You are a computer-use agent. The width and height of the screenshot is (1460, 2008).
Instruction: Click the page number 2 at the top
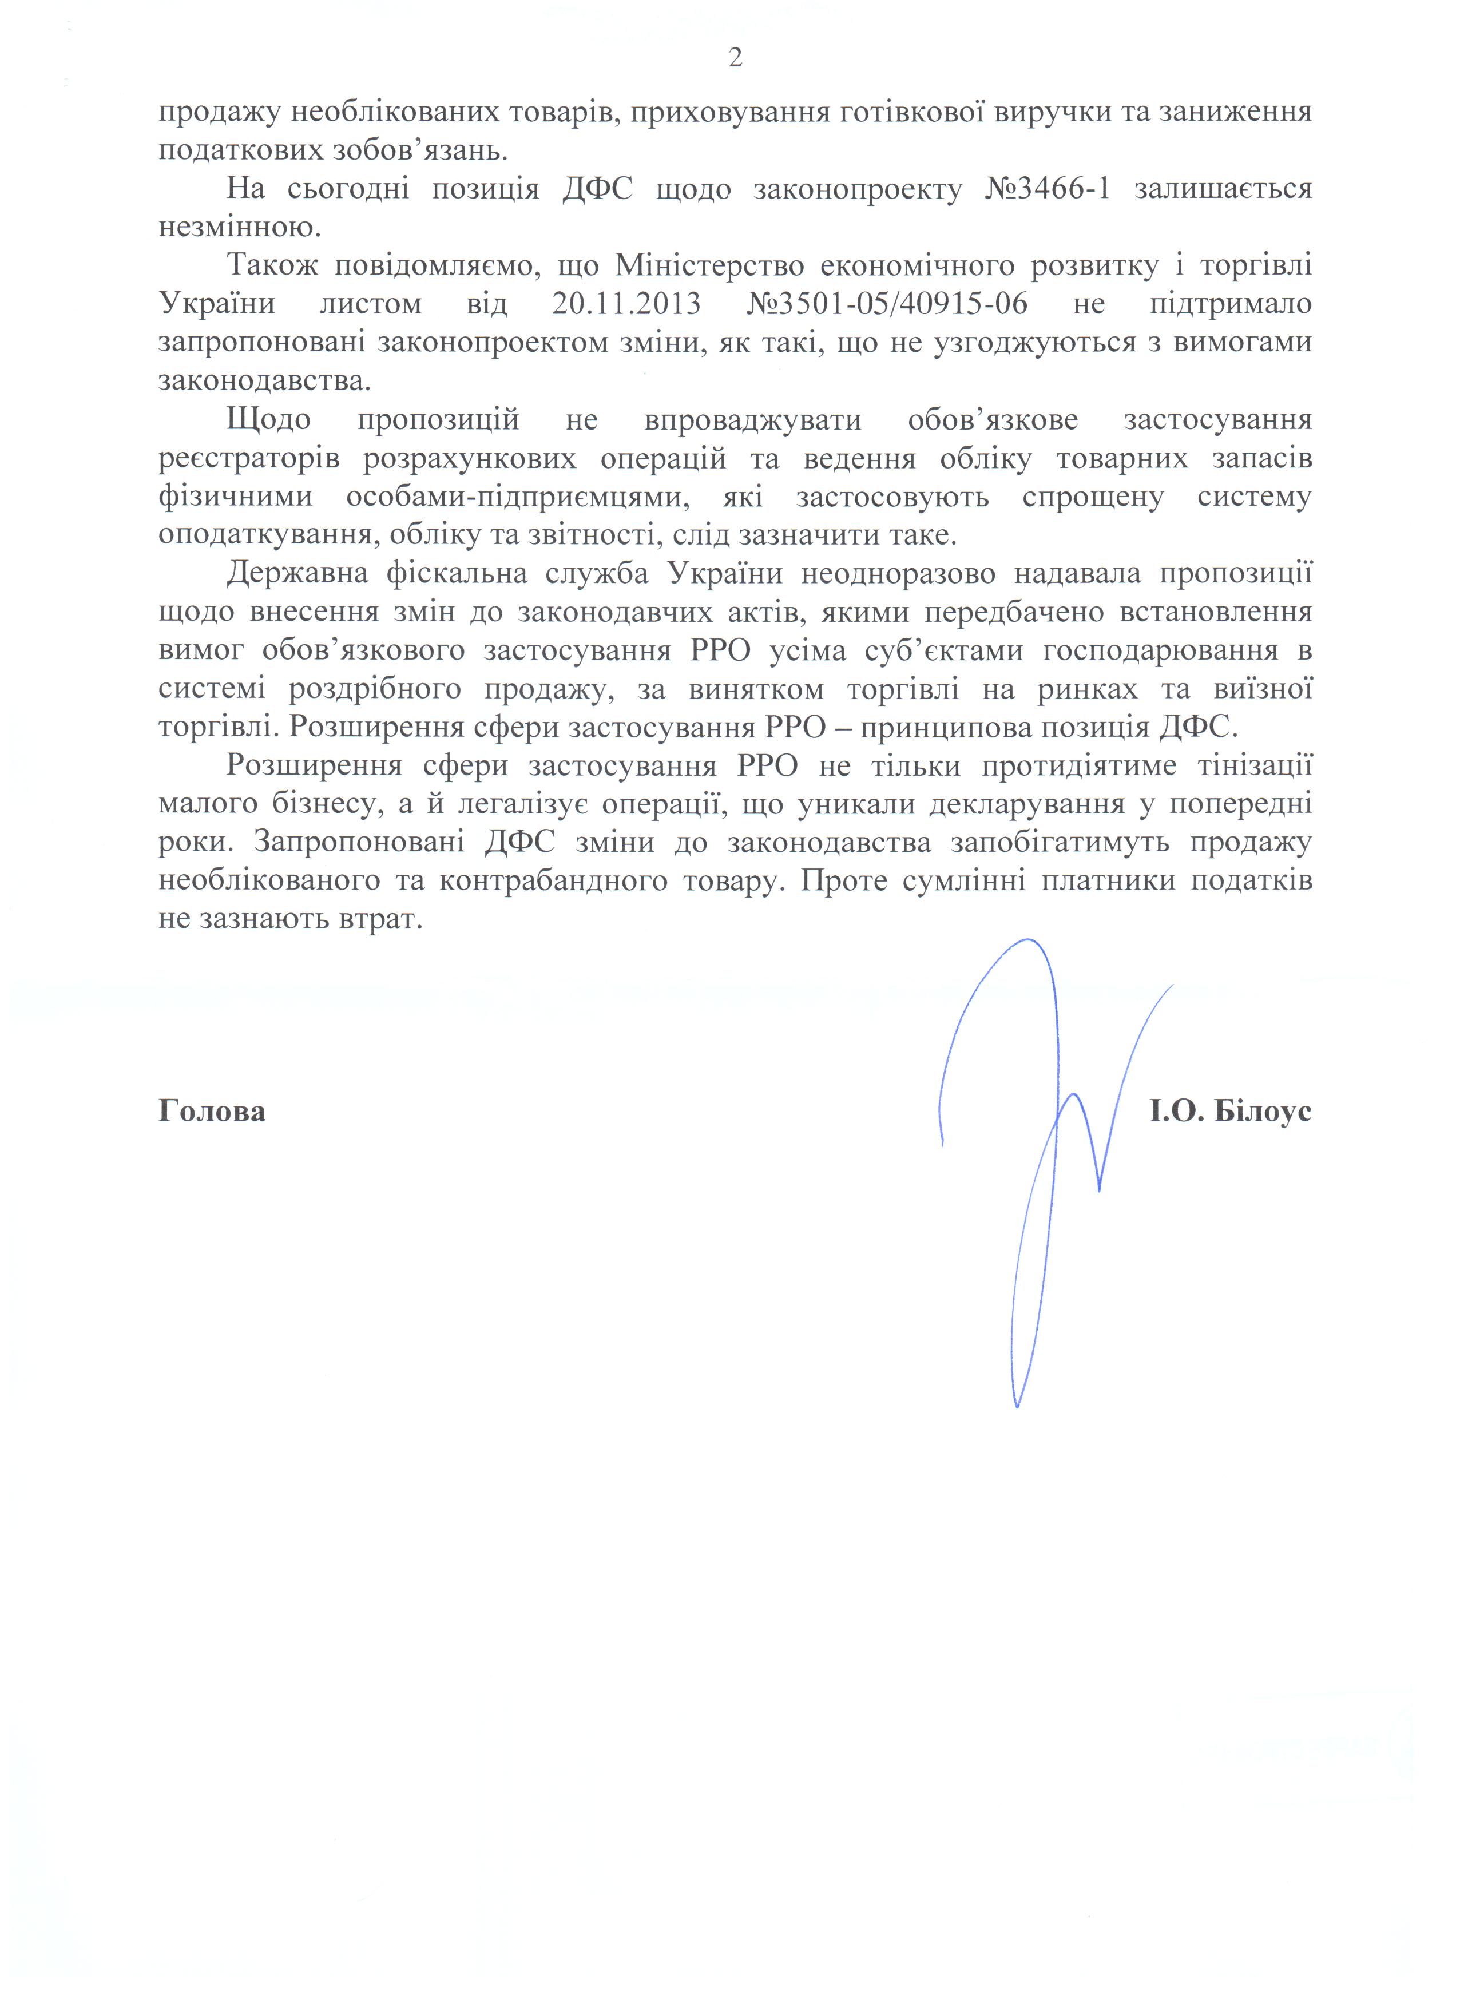tap(735, 58)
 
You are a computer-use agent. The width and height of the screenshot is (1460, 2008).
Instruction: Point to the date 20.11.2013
tap(626, 304)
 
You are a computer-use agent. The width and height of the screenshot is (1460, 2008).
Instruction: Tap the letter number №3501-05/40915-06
tap(887, 304)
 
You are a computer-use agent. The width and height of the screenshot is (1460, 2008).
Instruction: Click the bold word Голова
tap(212, 1111)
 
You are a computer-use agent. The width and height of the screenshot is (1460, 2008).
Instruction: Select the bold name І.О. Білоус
tap(1231, 1111)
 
